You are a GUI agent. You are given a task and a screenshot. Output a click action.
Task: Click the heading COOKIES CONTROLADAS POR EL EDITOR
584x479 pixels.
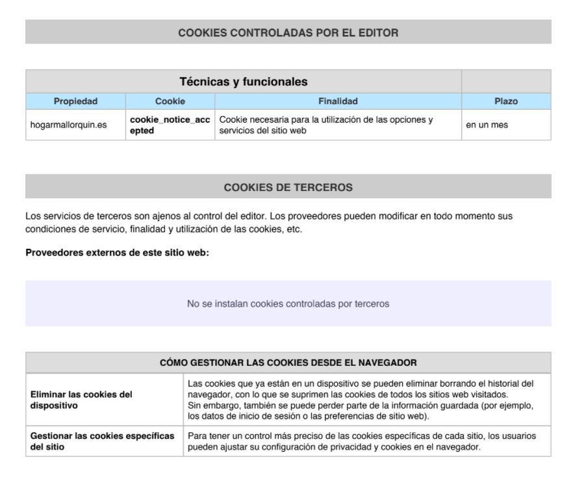[x=288, y=32]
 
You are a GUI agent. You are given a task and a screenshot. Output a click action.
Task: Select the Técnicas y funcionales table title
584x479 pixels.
[x=242, y=81]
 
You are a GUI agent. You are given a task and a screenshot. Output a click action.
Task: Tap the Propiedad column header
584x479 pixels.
[x=75, y=101]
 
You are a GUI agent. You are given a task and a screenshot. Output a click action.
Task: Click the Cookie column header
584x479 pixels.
[x=170, y=101]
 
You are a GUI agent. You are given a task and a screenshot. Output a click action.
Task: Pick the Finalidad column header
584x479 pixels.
[x=337, y=101]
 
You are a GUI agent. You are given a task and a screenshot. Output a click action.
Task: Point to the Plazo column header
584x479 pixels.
[x=505, y=101]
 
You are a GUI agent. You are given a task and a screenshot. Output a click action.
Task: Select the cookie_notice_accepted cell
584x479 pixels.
[x=170, y=125]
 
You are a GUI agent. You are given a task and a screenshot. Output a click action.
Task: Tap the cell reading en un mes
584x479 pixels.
[x=487, y=125]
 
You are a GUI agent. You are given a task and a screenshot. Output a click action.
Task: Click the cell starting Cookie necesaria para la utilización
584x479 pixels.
[x=327, y=125]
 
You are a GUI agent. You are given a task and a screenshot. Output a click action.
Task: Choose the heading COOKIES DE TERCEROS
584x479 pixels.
[x=288, y=187]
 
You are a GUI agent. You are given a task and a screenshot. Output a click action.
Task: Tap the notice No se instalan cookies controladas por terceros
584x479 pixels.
[x=288, y=304]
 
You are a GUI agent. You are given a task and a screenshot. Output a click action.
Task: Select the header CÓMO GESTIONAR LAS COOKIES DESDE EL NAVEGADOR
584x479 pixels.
[x=288, y=363]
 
